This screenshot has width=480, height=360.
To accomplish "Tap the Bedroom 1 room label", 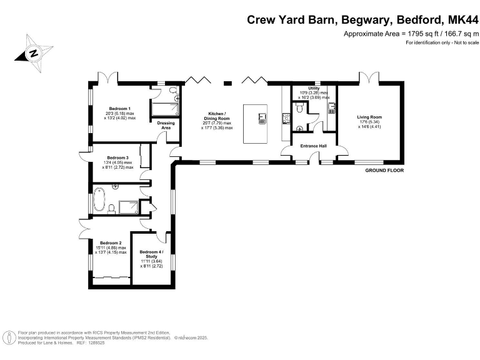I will click(x=119, y=107).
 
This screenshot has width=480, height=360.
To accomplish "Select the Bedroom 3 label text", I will click(x=117, y=157).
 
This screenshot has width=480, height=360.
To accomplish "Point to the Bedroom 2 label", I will click(x=111, y=242).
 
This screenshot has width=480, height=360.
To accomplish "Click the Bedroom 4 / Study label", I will click(x=151, y=254).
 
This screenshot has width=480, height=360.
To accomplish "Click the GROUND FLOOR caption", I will click(x=384, y=170).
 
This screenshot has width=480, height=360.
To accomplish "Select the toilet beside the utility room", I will click(x=301, y=109).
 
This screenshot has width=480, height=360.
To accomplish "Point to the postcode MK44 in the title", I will click(x=461, y=19).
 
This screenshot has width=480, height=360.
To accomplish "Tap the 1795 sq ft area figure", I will click(x=419, y=33).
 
